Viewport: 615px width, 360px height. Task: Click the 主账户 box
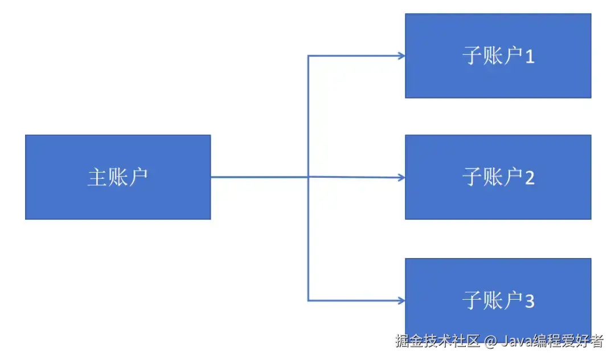pos(118,177)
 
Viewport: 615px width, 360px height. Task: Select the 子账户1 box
pos(498,56)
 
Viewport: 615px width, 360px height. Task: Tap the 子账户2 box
pos(498,177)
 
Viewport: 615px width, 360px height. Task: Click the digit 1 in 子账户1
pos(530,57)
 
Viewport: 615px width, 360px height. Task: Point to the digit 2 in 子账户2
pos(530,178)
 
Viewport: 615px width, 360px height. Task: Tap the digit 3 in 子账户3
pos(530,301)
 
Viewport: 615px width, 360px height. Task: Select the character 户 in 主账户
pos(138,177)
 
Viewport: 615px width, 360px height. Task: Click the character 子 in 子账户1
pos(472,56)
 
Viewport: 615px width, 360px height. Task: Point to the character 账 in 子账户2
pos(493,178)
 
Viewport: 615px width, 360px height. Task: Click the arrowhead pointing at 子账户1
pos(402,56)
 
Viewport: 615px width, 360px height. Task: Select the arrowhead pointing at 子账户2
pos(402,178)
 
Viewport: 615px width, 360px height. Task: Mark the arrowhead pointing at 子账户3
pos(402,300)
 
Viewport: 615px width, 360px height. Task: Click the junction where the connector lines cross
pos(308,177)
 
